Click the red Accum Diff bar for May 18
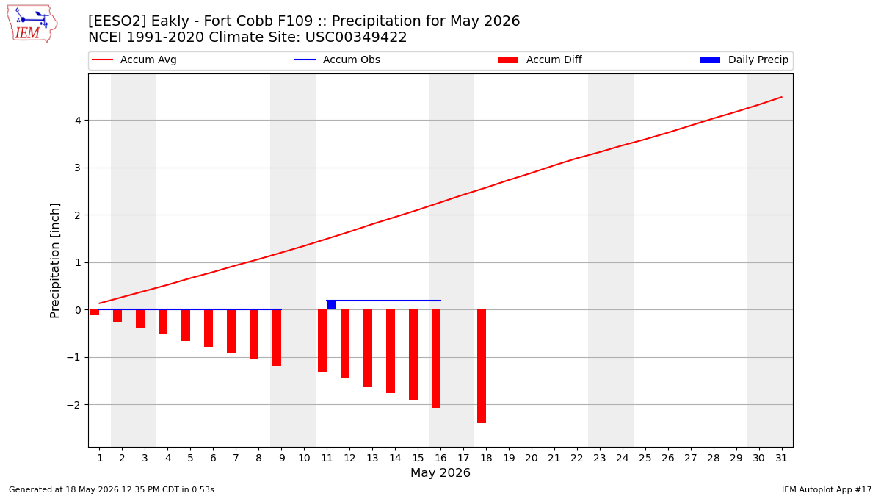pos(482,366)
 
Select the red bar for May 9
pos(277,338)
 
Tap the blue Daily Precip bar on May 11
pos(332,305)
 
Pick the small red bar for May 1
pos(95,312)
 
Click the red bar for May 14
pos(391,351)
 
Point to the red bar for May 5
pos(186,326)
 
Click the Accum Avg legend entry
pos(134,60)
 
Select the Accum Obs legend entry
pos(337,60)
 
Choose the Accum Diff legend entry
pos(540,60)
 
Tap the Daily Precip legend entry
pos(744,60)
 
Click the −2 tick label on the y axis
pos(74,405)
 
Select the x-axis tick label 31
pos(781,459)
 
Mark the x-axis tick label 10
pos(304,459)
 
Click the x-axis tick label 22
pos(577,459)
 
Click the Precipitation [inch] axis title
pos(54,261)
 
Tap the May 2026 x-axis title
pos(440,472)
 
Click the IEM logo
pos(32,24)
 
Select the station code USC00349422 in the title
pos(356,37)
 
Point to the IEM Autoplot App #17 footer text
pos(827,489)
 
